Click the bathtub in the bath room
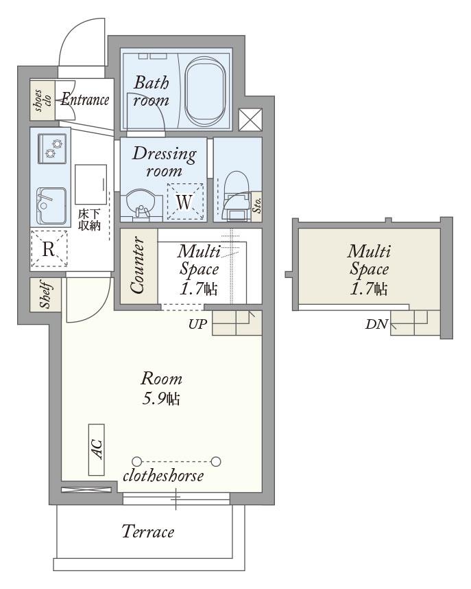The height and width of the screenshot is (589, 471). (x=206, y=91)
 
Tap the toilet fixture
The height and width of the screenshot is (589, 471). (x=237, y=196)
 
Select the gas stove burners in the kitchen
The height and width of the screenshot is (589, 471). (x=52, y=149)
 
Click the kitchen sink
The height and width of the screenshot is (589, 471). (x=51, y=205)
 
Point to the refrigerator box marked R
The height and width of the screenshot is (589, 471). (x=49, y=249)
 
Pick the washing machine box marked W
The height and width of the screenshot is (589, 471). (x=185, y=201)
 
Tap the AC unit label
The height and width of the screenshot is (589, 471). (x=97, y=449)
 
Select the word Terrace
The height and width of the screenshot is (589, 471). (x=148, y=531)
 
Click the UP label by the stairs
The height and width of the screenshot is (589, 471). (x=197, y=324)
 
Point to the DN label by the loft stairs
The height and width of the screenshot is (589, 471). (x=376, y=324)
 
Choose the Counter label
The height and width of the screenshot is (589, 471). (x=137, y=265)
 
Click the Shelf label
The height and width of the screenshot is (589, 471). (x=45, y=295)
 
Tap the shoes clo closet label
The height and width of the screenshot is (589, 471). (x=42, y=100)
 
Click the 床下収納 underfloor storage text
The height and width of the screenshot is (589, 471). (x=89, y=220)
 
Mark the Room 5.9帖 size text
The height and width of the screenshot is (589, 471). (x=161, y=389)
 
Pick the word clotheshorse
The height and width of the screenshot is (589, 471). (x=163, y=476)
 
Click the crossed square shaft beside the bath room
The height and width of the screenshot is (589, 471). (x=250, y=119)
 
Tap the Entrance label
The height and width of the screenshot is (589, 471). (x=85, y=100)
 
